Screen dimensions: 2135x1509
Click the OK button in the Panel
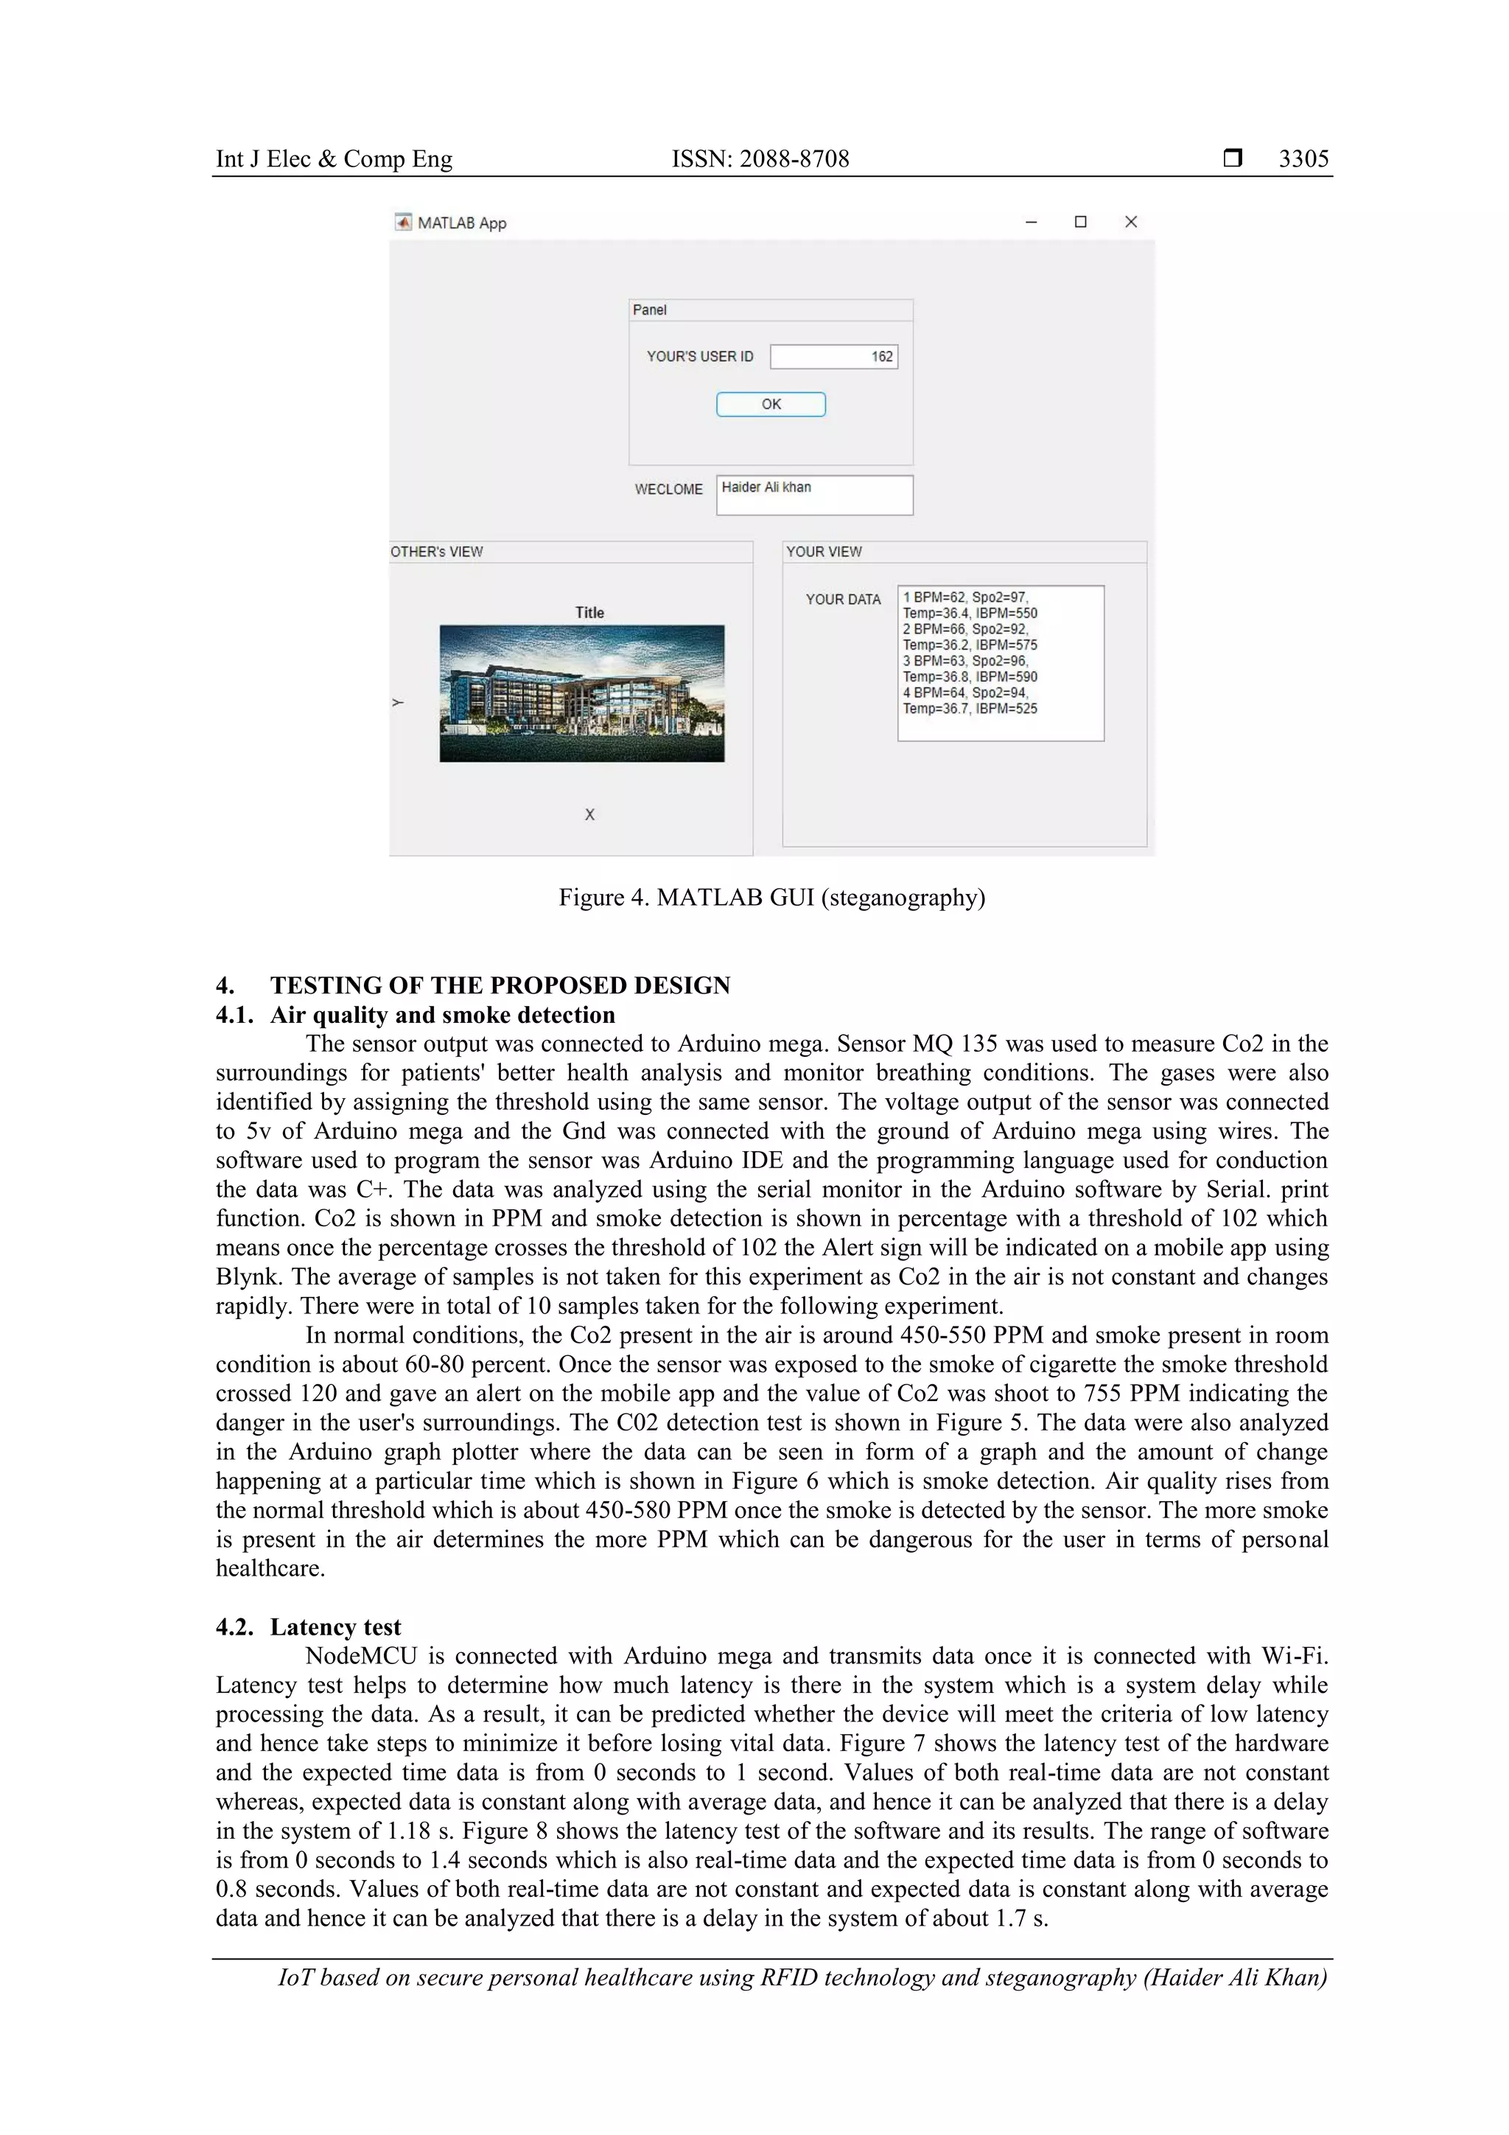coord(770,405)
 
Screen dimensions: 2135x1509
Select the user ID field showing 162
coord(833,356)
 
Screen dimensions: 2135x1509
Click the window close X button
coord(1130,221)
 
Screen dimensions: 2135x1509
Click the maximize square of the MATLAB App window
coord(1080,221)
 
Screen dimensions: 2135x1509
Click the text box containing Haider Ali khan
coord(813,495)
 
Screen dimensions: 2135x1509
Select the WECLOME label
coord(668,489)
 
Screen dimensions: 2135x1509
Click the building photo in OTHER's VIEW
coord(581,693)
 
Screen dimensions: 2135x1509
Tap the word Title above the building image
coord(589,612)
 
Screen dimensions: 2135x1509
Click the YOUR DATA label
coord(842,600)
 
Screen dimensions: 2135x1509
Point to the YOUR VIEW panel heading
coord(824,551)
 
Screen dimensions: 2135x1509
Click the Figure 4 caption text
coord(771,898)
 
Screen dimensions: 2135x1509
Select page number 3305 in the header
coord(1303,159)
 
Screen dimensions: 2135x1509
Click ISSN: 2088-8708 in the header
coord(760,159)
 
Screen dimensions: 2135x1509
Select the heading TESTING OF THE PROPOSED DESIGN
coord(500,985)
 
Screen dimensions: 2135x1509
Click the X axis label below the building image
coord(589,814)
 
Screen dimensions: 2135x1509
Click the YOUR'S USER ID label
coord(699,356)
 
